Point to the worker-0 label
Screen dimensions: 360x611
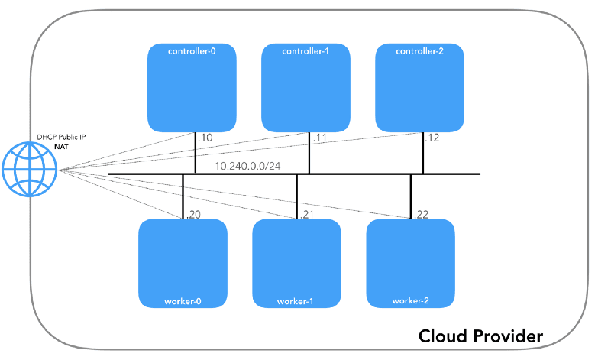tap(183, 301)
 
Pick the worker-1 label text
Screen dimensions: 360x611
tap(296, 301)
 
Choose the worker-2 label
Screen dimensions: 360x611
tap(410, 301)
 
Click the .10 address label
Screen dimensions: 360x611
tap(205, 139)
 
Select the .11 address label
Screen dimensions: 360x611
tap(318, 139)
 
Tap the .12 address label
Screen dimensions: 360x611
tap(433, 139)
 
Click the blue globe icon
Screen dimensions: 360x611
tap(30, 170)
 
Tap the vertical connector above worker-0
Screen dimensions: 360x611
tap(183, 196)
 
